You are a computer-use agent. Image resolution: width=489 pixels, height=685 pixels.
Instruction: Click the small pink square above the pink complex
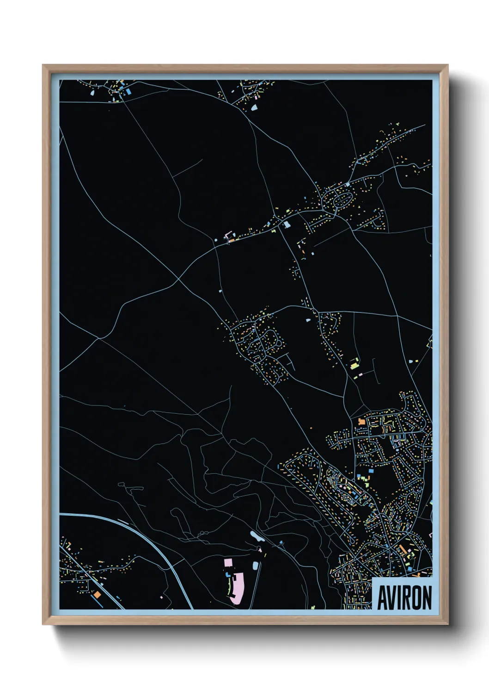click(228, 562)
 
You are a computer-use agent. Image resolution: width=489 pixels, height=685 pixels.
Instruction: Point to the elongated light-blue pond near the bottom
click(255, 536)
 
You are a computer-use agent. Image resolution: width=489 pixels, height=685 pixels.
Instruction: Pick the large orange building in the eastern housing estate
click(361, 422)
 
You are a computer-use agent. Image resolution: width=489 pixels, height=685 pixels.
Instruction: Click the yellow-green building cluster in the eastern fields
click(355, 366)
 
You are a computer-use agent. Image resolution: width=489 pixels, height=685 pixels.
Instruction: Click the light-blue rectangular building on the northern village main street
click(287, 224)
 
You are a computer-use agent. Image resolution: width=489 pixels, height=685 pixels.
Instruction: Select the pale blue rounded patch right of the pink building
click(255, 565)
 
